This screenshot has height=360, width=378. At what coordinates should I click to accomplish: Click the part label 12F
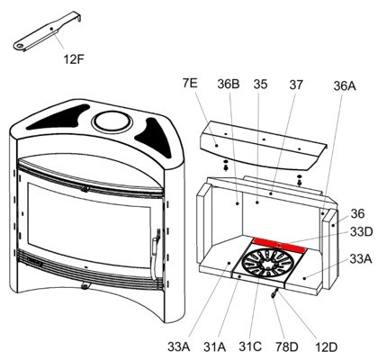(73, 59)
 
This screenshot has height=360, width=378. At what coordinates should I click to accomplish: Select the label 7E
(190, 83)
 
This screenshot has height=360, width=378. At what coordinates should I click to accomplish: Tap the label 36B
(229, 85)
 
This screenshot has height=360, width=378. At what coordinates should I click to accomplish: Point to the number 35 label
(260, 85)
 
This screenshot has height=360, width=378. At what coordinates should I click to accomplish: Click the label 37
(296, 85)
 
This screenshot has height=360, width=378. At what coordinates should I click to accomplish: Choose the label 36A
(345, 86)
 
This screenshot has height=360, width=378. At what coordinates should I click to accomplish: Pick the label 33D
(362, 232)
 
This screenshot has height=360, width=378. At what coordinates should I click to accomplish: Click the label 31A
(214, 347)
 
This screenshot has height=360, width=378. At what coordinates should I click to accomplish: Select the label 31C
(250, 347)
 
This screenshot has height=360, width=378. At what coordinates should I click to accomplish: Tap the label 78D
(287, 347)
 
